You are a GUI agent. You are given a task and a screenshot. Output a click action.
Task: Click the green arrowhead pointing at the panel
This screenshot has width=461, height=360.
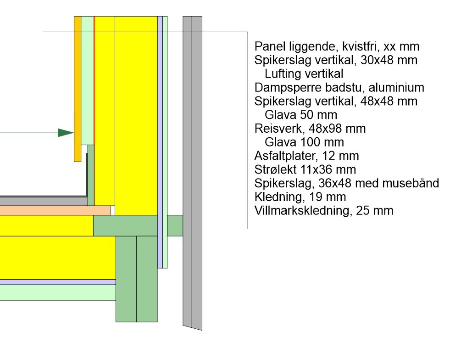click(66, 133)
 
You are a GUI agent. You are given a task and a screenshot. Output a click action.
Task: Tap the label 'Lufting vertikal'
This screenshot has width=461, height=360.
click(304, 74)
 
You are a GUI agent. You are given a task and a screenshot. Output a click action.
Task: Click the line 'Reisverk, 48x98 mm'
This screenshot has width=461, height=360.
click(310, 129)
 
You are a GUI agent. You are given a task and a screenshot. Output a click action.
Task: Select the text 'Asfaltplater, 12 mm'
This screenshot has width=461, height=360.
click(306, 156)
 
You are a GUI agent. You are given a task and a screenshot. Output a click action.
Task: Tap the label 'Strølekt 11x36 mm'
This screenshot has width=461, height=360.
click(305, 170)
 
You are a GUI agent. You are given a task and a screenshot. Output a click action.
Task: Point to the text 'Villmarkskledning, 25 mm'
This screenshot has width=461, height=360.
click(323, 211)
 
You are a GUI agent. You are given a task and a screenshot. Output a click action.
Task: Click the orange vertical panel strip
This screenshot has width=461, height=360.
click(78, 87)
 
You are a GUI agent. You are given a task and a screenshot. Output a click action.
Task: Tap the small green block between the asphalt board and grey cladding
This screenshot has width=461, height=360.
click(175, 225)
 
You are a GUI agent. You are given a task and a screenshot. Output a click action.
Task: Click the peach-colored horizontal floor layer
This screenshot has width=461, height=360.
click(55, 210)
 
